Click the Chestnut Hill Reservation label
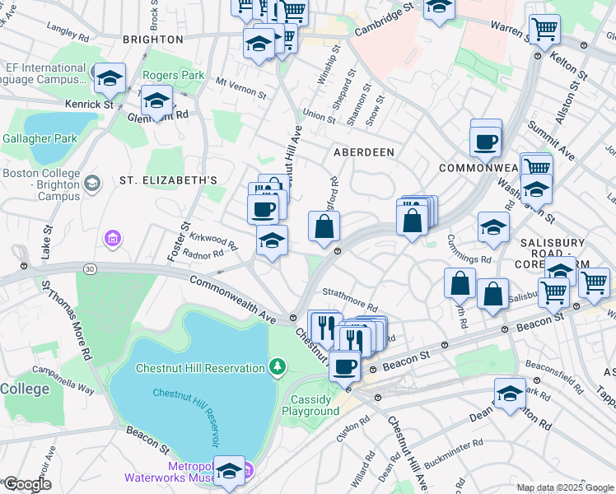pyautogui.click(x=200, y=366)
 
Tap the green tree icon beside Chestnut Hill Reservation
pyautogui.click(x=278, y=366)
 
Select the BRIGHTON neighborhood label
pyautogui.click(x=152, y=39)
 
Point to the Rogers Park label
pyautogui.click(x=173, y=75)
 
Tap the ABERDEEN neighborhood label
pyautogui.click(x=363, y=152)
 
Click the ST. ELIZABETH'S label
pyautogui.click(x=168, y=180)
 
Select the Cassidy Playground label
pyautogui.click(x=314, y=405)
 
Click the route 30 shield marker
pyautogui.click(x=88, y=268)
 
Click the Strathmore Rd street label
pyautogui.click(x=349, y=305)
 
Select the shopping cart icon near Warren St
pyautogui.click(x=544, y=30)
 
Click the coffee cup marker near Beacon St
pyautogui.click(x=344, y=366)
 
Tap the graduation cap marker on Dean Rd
pyautogui.click(x=510, y=394)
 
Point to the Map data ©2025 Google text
pyautogui.click(x=564, y=487)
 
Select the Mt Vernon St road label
pyautogui.click(x=240, y=87)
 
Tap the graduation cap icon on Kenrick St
pyautogui.click(x=110, y=79)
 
